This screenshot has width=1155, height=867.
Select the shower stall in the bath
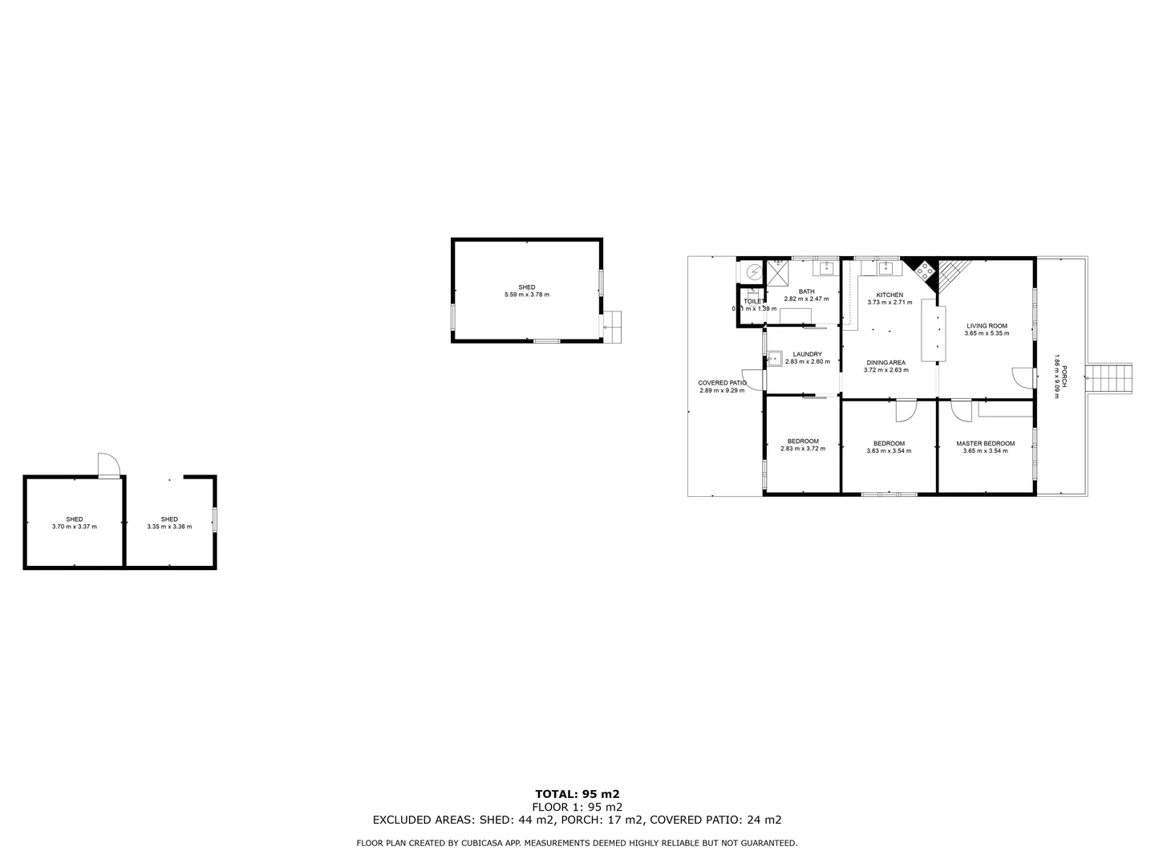point(776,272)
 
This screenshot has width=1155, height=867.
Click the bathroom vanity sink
point(825,267)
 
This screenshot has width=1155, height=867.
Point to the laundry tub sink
point(775,359)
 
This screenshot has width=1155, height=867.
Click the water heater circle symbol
point(753,272)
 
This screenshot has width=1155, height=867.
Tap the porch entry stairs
point(1109,377)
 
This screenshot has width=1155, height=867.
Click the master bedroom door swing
point(959,409)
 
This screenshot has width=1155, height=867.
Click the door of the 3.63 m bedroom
point(904,410)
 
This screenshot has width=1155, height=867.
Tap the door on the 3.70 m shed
point(108,465)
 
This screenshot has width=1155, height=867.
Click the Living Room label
point(987,326)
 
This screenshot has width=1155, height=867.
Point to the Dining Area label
point(885,363)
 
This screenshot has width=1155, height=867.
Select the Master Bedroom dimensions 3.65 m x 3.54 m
point(985,451)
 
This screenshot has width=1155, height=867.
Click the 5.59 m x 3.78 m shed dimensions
point(527,295)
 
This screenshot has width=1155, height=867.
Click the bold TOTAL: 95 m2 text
point(577,794)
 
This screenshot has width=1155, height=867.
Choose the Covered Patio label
point(722,383)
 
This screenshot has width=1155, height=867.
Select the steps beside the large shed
point(613,327)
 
